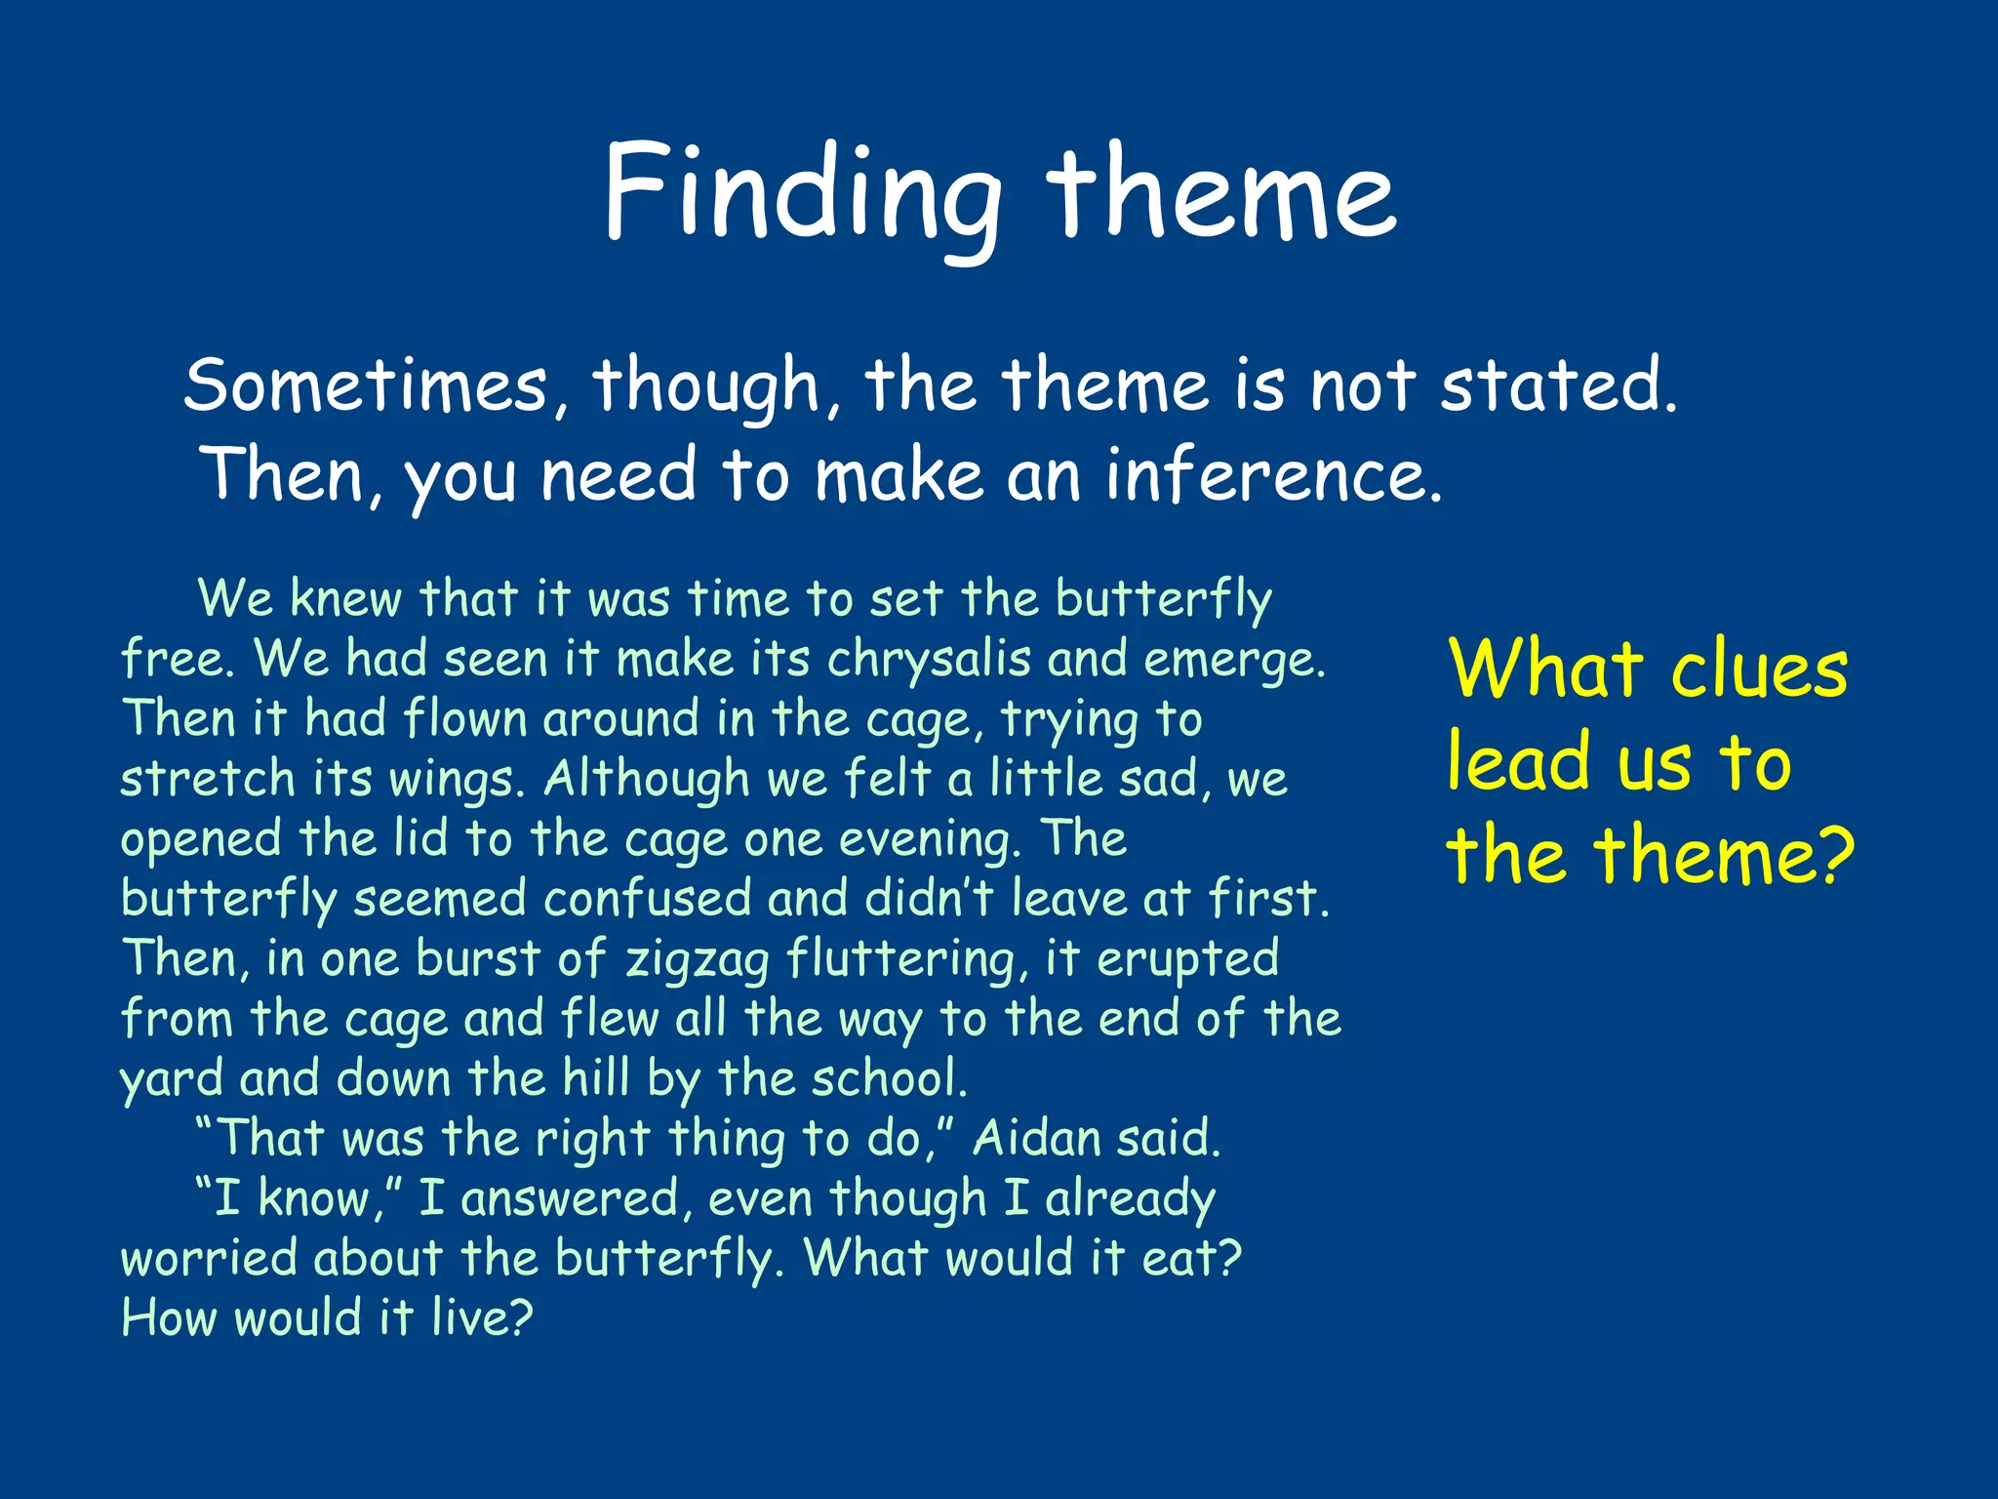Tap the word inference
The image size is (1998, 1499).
coord(1273,476)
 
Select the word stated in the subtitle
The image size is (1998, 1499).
coord(1558,385)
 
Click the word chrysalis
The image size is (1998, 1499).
coord(929,659)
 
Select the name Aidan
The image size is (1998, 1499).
coord(1036,1138)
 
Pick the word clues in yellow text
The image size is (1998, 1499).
coord(1759,670)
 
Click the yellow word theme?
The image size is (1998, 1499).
coord(1723,856)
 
